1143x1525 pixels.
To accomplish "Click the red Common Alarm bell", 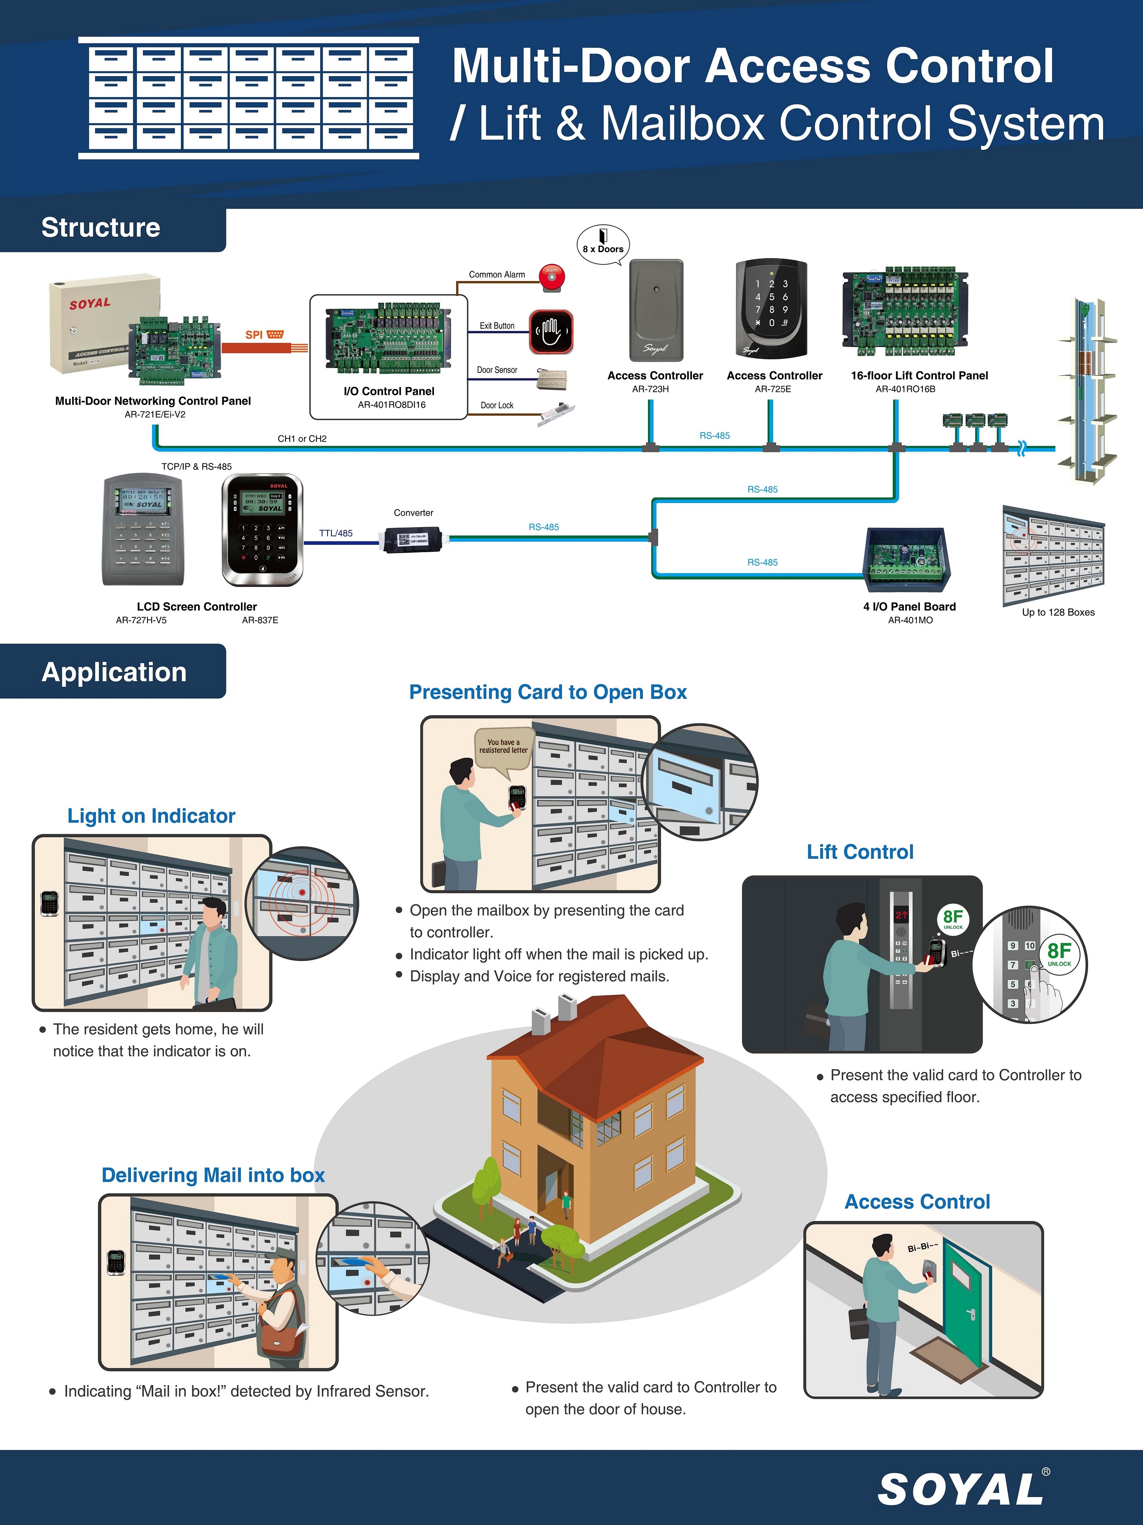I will [x=551, y=277].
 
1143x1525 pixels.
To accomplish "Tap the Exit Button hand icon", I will [x=551, y=332].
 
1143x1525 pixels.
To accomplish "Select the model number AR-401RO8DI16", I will [x=391, y=405].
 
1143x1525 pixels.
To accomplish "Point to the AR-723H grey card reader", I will [x=656, y=310].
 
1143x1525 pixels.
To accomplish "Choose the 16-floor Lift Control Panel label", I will [x=919, y=376].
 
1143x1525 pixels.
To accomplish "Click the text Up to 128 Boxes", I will [x=1057, y=612].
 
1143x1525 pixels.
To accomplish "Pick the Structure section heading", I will [x=101, y=227].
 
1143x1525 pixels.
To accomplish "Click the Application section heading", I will [x=114, y=672].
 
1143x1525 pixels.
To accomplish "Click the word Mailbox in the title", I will [x=683, y=124].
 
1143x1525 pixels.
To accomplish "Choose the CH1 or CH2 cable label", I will [x=302, y=438].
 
